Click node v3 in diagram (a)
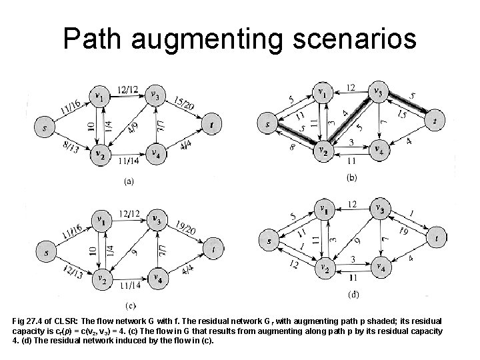(x=155, y=95)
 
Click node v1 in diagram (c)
(x=100, y=219)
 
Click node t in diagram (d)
(x=435, y=237)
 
